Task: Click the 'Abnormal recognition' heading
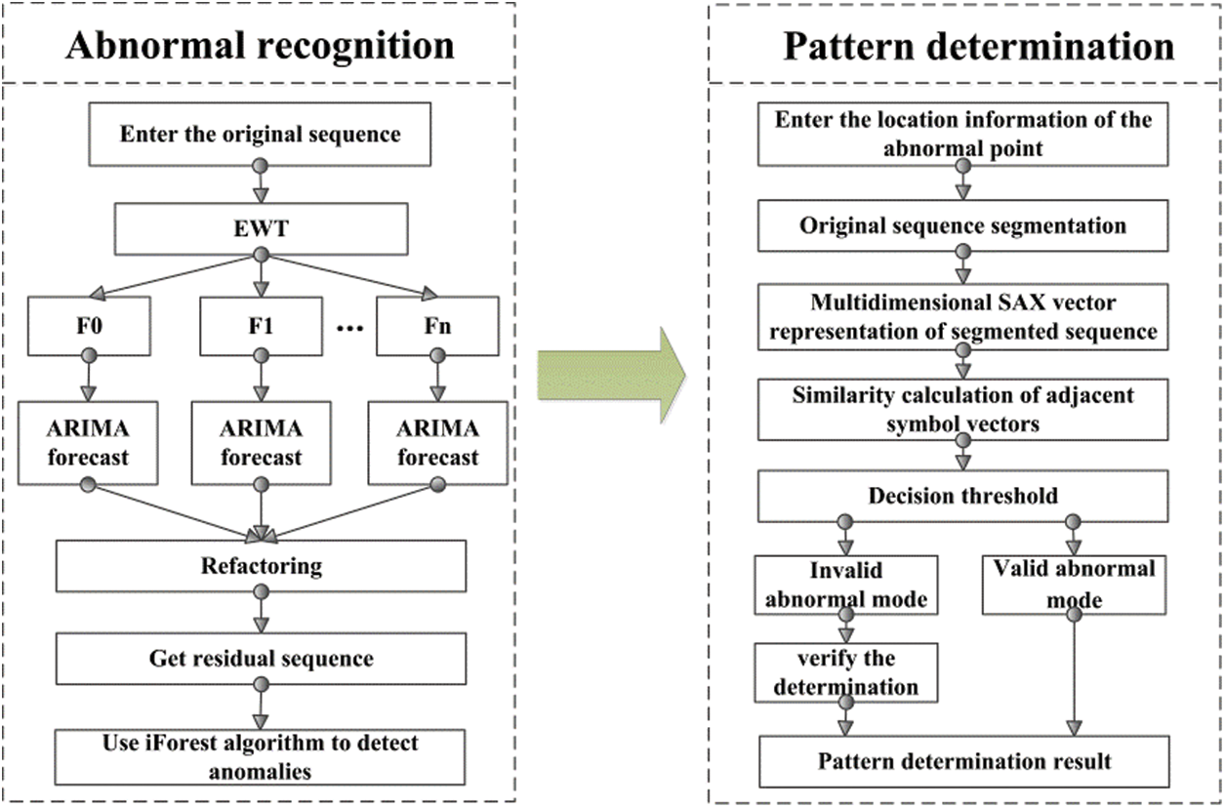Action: [261, 46]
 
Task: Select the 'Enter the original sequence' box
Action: [261, 134]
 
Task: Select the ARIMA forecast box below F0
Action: [89, 444]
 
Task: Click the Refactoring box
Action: [261, 566]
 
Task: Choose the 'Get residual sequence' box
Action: [261, 659]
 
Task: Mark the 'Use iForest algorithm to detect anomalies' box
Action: [261, 756]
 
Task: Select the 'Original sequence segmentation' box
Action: [962, 225]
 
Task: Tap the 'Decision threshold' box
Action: [962, 497]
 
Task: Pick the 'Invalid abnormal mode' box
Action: [846, 585]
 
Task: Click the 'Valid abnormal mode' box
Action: [1074, 585]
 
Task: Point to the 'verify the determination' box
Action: [846, 671]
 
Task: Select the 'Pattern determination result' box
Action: [962, 761]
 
